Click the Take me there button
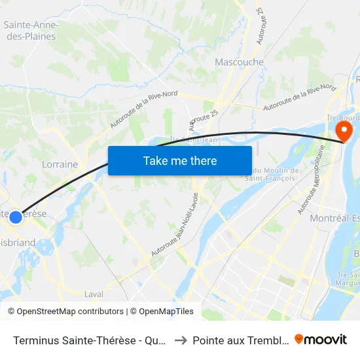pyautogui.click(x=180, y=160)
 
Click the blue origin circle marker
pyautogui.click(x=16, y=217)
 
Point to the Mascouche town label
pyautogui.click(x=239, y=62)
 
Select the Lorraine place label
pyautogui.click(x=60, y=164)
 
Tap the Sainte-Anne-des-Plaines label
pyautogui.click(x=31, y=31)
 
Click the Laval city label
pyautogui.click(x=94, y=294)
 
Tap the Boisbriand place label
pyautogui.click(x=18, y=243)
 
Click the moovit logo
pyautogui.click(x=321, y=339)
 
